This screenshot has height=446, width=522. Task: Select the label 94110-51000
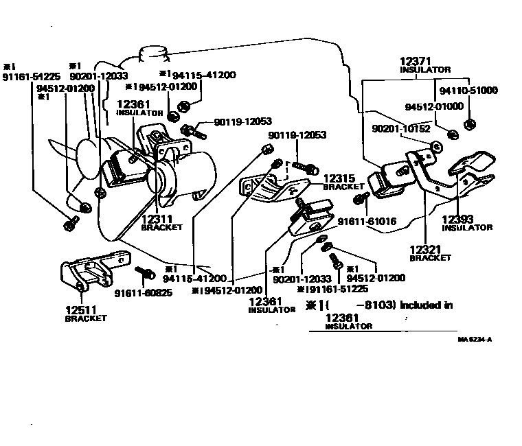(470, 91)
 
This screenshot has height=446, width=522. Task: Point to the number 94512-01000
(433, 107)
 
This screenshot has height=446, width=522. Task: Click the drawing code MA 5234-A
(475, 339)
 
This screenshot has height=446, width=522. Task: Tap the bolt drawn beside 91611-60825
(145, 274)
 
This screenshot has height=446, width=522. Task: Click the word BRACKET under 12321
(431, 259)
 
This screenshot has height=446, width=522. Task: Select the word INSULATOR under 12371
(426, 70)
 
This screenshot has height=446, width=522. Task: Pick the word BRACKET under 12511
(85, 319)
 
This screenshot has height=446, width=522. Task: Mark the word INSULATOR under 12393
(467, 228)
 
